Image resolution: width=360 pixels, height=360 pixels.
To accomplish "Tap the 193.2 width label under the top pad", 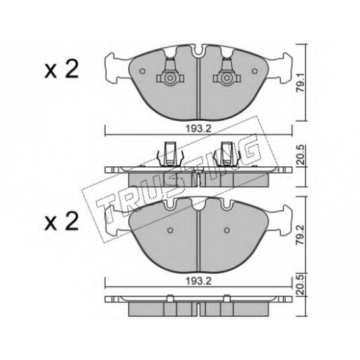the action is [198, 129].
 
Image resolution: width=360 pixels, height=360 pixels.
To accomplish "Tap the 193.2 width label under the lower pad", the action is [198, 281].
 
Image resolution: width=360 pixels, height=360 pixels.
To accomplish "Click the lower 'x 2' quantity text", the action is [61, 221].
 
